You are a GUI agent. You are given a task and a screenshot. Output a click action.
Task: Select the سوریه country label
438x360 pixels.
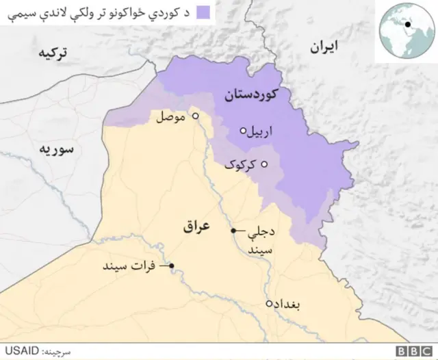tap(56, 149)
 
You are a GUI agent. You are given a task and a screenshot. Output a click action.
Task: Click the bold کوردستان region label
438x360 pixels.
tap(253, 96)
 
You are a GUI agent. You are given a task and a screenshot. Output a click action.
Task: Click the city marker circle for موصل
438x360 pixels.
tap(195, 116)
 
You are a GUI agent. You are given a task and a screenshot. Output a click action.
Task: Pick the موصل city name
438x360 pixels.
tap(170, 117)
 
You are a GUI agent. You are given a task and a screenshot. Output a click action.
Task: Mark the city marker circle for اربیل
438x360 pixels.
tap(242, 130)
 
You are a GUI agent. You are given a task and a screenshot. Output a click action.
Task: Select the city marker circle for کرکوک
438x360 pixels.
tap(264, 163)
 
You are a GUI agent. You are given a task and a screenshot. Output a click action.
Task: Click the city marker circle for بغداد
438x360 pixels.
tap(269, 303)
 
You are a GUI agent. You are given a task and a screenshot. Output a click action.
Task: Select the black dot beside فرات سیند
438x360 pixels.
tap(172, 266)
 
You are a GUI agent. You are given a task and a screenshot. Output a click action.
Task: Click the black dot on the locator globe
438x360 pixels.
tap(408, 25)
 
